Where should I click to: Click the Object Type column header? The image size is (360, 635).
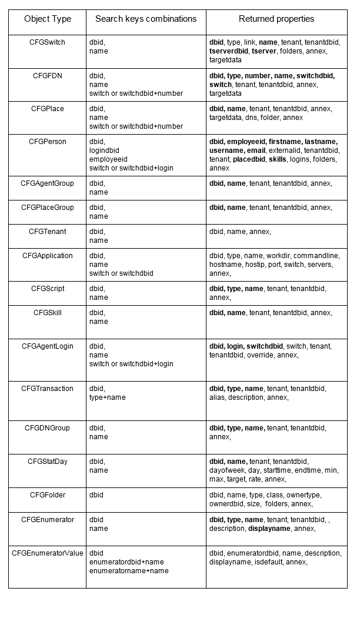point(48,19)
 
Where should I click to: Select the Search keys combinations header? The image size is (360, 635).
point(146,19)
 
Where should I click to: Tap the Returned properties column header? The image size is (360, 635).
point(276,19)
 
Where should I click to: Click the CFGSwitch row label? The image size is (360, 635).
point(48,42)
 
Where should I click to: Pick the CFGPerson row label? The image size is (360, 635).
point(48,142)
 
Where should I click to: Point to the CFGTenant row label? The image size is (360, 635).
point(48,232)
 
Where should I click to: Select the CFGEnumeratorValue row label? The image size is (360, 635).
point(48,553)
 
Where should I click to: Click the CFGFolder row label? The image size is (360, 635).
point(48,495)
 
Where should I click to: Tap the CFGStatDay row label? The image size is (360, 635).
point(48,462)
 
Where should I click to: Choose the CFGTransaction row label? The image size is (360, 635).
point(48,389)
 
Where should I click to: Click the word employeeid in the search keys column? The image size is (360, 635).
point(108,159)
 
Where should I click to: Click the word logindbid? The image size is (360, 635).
point(104,151)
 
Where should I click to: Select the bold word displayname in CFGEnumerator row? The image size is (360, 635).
point(269,529)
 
